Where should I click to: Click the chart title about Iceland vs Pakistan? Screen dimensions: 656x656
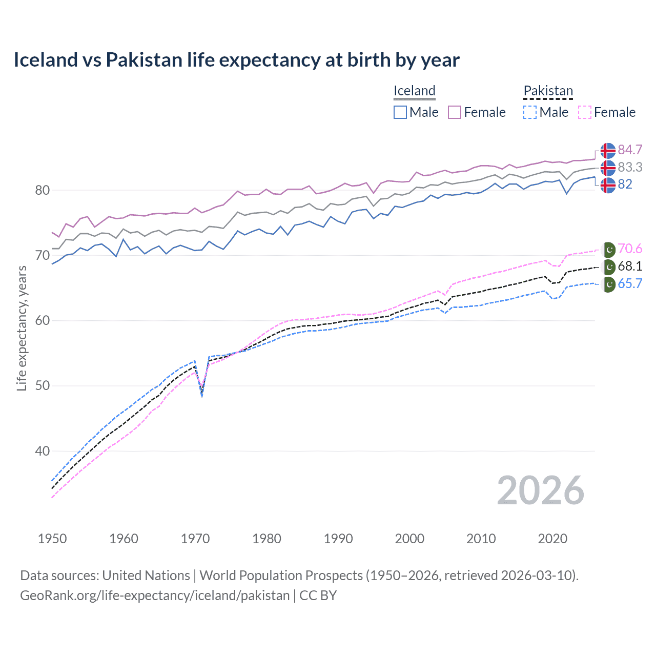tap(236, 60)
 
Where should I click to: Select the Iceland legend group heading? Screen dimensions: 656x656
tap(414, 91)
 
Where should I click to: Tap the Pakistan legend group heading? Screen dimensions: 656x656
tap(548, 91)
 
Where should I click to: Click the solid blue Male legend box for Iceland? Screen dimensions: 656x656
tap(400, 112)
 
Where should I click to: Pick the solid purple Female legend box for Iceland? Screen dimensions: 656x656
tap(455, 112)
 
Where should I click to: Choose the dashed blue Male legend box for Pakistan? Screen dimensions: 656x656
tap(530, 112)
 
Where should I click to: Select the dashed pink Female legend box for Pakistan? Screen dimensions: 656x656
tap(585, 112)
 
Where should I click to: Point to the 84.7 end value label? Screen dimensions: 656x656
tap(630, 150)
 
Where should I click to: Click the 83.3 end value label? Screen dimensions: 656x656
tap(630, 167)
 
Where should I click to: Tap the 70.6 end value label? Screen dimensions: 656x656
tap(630, 249)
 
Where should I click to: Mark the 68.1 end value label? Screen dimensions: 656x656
tap(630, 266)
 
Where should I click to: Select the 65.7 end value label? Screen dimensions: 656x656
tap(630, 283)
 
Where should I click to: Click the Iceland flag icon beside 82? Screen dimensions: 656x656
tap(608, 185)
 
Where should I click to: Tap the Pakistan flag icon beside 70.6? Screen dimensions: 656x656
tap(608, 250)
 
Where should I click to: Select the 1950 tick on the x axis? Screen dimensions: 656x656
tap(52, 539)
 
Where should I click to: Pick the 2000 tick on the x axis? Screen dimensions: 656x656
tap(409, 539)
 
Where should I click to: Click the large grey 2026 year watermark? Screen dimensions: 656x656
tap(540, 490)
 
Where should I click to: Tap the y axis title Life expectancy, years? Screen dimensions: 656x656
tap(22, 328)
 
